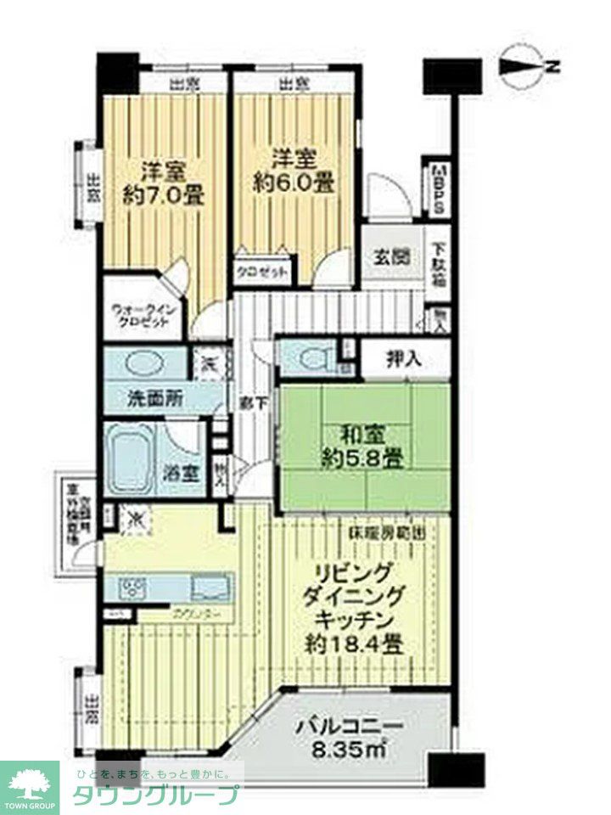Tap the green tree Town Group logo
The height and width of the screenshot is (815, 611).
coord(30,781)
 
